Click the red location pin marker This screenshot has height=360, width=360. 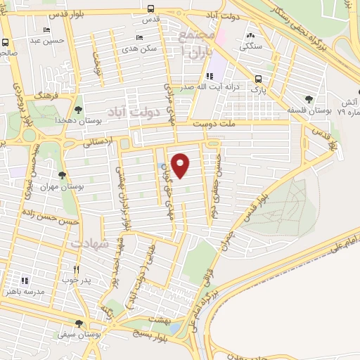[181, 165]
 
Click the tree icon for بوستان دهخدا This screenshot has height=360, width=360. [78, 110]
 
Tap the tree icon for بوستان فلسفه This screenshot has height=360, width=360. [309, 100]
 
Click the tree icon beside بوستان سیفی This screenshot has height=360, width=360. [79, 324]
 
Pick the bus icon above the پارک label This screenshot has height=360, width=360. [259, 79]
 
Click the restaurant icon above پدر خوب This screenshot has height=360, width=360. [77, 269]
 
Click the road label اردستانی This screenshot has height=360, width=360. [97, 141]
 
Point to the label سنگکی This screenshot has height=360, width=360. [251, 47]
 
